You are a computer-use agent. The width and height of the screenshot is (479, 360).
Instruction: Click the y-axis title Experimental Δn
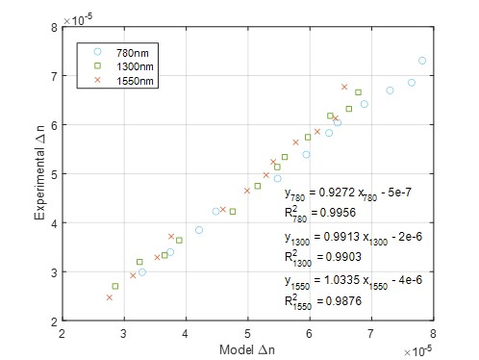tap(40, 174)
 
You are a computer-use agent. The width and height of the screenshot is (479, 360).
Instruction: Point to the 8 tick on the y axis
tap(53, 27)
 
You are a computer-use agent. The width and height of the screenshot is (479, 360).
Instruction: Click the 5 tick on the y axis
tap(53, 174)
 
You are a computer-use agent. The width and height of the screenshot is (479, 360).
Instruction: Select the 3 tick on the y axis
tap(53, 272)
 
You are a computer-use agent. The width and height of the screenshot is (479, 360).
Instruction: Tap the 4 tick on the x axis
tap(186, 333)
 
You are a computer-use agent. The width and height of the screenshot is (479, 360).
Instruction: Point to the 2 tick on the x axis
tap(63, 333)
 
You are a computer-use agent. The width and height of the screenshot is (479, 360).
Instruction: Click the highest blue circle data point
tap(421, 61)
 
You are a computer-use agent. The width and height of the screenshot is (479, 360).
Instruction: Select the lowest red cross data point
tap(109, 297)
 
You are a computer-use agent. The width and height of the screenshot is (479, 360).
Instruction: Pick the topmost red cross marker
tap(344, 87)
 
